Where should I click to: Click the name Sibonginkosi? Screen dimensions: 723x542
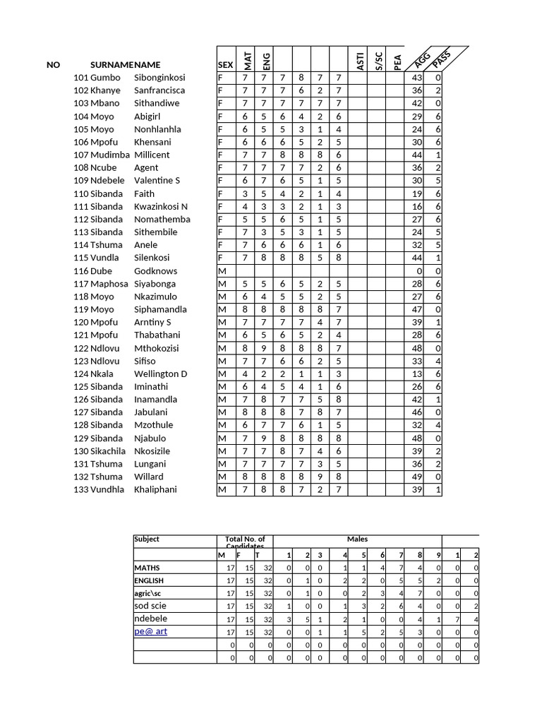tap(159, 78)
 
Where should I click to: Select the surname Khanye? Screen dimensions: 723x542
tap(106, 90)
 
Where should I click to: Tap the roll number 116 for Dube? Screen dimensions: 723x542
tap(81, 270)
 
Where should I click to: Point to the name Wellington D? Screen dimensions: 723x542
tap(160, 374)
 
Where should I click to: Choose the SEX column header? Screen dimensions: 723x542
tap(225, 65)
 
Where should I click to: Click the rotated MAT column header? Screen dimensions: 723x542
tap(247, 56)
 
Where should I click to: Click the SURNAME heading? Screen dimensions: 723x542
tap(112, 65)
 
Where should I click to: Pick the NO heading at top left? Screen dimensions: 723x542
tap(54, 65)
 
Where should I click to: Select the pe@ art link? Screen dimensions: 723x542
tap(151, 631)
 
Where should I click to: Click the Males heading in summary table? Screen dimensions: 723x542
tap(357, 539)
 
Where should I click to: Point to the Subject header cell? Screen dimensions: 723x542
tap(147, 539)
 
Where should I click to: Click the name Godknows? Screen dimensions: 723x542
tap(155, 270)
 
